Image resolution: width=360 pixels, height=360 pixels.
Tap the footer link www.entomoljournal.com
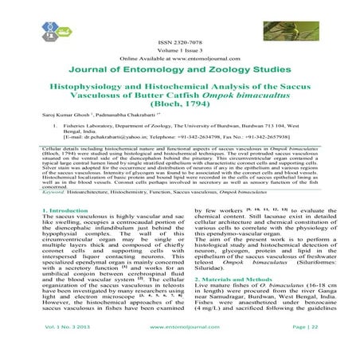pos(180,348)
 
